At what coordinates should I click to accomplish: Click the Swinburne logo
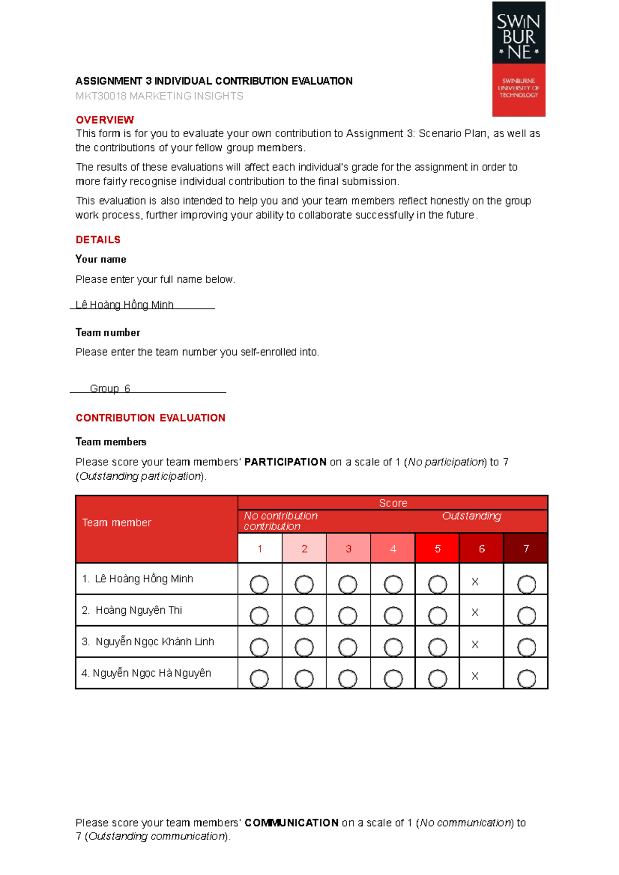[518, 59]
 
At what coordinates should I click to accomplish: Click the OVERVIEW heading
[105, 120]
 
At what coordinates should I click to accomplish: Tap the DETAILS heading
[98, 240]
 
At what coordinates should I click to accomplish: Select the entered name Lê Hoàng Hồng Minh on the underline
[124, 305]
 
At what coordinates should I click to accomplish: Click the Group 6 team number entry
[110, 389]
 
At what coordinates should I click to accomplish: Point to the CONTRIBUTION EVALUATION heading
[150, 418]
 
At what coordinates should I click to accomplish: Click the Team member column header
[117, 523]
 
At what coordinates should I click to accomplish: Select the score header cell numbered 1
[260, 548]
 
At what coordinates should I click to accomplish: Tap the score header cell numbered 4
[393, 548]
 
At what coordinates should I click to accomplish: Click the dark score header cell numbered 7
[526, 548]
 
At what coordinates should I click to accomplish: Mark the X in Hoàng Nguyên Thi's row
[475, 613]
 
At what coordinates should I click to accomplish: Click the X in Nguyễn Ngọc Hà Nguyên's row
[475, 676]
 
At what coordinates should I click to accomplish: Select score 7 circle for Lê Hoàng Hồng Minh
[526, 584]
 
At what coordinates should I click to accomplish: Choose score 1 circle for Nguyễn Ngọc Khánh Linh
[259, 647]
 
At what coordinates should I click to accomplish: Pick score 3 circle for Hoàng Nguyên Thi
[348, 616]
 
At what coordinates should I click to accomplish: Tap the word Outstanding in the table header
[471, 516]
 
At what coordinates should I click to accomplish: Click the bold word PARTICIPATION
[285, 462]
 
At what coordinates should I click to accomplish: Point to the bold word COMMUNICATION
[291, 823]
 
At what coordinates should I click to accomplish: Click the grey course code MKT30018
[101, 96]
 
